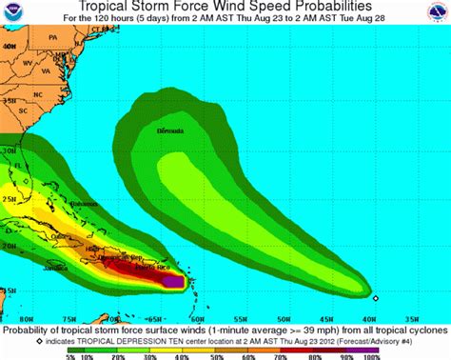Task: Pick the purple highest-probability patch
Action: coord(172,281)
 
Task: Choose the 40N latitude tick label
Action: coord(10,45)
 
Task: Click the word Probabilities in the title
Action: coord(309,7)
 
